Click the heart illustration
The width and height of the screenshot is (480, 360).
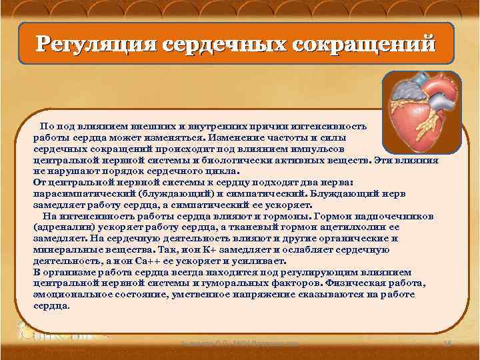(421, 111)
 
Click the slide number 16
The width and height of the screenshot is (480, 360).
(447, 343)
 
